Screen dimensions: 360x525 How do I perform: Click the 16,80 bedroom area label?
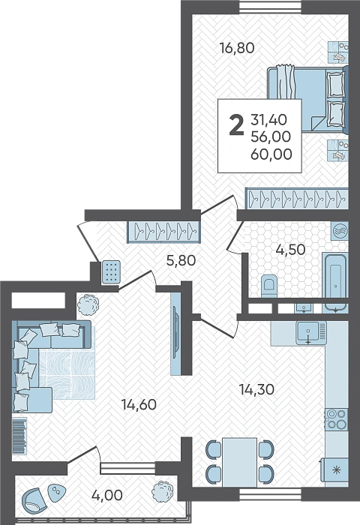(x=237, y=48)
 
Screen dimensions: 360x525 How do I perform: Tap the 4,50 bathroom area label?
(x=290, y=250)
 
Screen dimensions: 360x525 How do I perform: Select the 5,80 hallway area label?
(x=181, y=260)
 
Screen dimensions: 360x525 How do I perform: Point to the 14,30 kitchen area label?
(x=256, y=389)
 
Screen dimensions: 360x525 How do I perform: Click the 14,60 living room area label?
(x=139, y=405)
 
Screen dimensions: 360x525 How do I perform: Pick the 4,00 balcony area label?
(x=106, y=495)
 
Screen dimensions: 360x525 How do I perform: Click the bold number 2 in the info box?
(x=236, y=125)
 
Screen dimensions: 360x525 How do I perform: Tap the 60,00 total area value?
(x=271, y=154)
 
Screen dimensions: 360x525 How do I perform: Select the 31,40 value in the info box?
(x=268, y=119)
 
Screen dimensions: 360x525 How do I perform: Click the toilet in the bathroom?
(x=269, y=286)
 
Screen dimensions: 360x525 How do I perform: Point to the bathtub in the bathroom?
(x=335, y=275)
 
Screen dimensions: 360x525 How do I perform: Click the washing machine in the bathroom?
(x=340, y=231)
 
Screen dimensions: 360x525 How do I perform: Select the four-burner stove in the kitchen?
(x=337, y=419)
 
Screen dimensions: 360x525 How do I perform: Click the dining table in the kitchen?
(x=240, y=462)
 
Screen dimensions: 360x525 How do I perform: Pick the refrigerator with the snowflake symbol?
(x=334, y=469)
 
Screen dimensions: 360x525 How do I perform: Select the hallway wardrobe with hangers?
(x=163, y=232)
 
